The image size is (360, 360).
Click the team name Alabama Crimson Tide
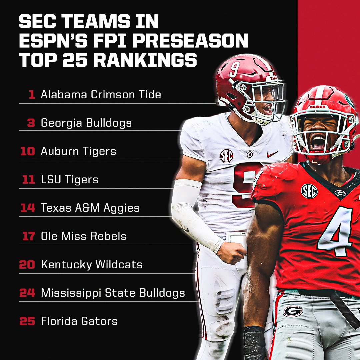101,94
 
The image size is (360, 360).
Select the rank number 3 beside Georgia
31,123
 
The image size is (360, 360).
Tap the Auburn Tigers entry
78,151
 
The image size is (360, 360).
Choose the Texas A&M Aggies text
90,208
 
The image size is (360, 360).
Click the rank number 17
28,236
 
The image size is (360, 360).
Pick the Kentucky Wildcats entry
92,265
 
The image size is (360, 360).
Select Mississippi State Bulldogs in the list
113,293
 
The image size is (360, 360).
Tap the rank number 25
27,321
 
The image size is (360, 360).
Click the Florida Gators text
79,321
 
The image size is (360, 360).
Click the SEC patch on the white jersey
227,156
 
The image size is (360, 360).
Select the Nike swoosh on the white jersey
272,154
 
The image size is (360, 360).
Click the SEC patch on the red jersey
309,191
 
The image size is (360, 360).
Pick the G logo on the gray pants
293,311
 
